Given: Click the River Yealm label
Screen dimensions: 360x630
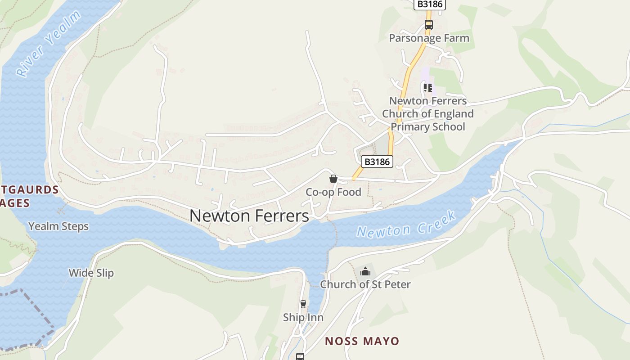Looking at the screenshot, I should pyautogui.click(x=48, y=44).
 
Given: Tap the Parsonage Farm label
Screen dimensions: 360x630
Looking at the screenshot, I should pyautogui.click(x=429, y=38).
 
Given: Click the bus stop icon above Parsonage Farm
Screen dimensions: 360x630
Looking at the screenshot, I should pyautogui.click(x=429, y=25).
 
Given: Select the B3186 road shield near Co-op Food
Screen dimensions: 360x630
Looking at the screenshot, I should pyautogui.click(x=377, y=162).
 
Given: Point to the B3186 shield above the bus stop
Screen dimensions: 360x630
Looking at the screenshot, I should pyautogui.click(x=429, y=4).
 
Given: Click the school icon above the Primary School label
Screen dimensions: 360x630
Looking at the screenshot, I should pyautogui.click(x=427, y=88).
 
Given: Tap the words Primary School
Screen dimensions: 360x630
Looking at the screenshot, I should pyautogui.click(x=427, y=126).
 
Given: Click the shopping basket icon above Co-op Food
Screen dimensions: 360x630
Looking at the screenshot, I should pyautogui.click(x=333, y=179).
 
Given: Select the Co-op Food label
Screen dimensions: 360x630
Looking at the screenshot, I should pyautogui.click(x=333, y=192).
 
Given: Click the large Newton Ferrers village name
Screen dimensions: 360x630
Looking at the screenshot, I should pyautogui.click(x=249, y=216).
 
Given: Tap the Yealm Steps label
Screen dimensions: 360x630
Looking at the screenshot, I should pyautogui.click(x=58, y=226).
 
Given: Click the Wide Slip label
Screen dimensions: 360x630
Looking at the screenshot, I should pyautogui.click(x=91, y=273).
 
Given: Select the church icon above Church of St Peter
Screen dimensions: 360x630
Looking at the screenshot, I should pyautogui.click(x=365, y=271).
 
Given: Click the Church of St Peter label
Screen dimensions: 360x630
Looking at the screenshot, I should pyautogui.click(x=365, y=284).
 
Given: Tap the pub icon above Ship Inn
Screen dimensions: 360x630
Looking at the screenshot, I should pyautogui.click(x=303, y=304).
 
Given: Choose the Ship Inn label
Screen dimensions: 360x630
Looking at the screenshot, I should pyautogui.click(x=303, y=318).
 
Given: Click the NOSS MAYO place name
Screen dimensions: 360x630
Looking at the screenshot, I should pyautogui.click(x=362, y=341).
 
